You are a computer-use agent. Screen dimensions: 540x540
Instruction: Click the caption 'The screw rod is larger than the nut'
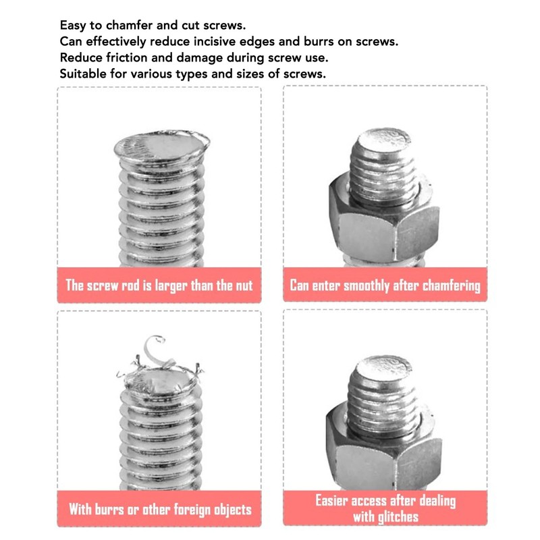tap(159, 284)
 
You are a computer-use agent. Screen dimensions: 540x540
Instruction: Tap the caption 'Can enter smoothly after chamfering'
tap(385, 285)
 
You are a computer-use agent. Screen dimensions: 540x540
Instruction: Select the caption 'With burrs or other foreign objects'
tap(159, 508)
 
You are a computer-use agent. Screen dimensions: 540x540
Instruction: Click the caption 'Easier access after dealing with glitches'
tap(385, 509)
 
